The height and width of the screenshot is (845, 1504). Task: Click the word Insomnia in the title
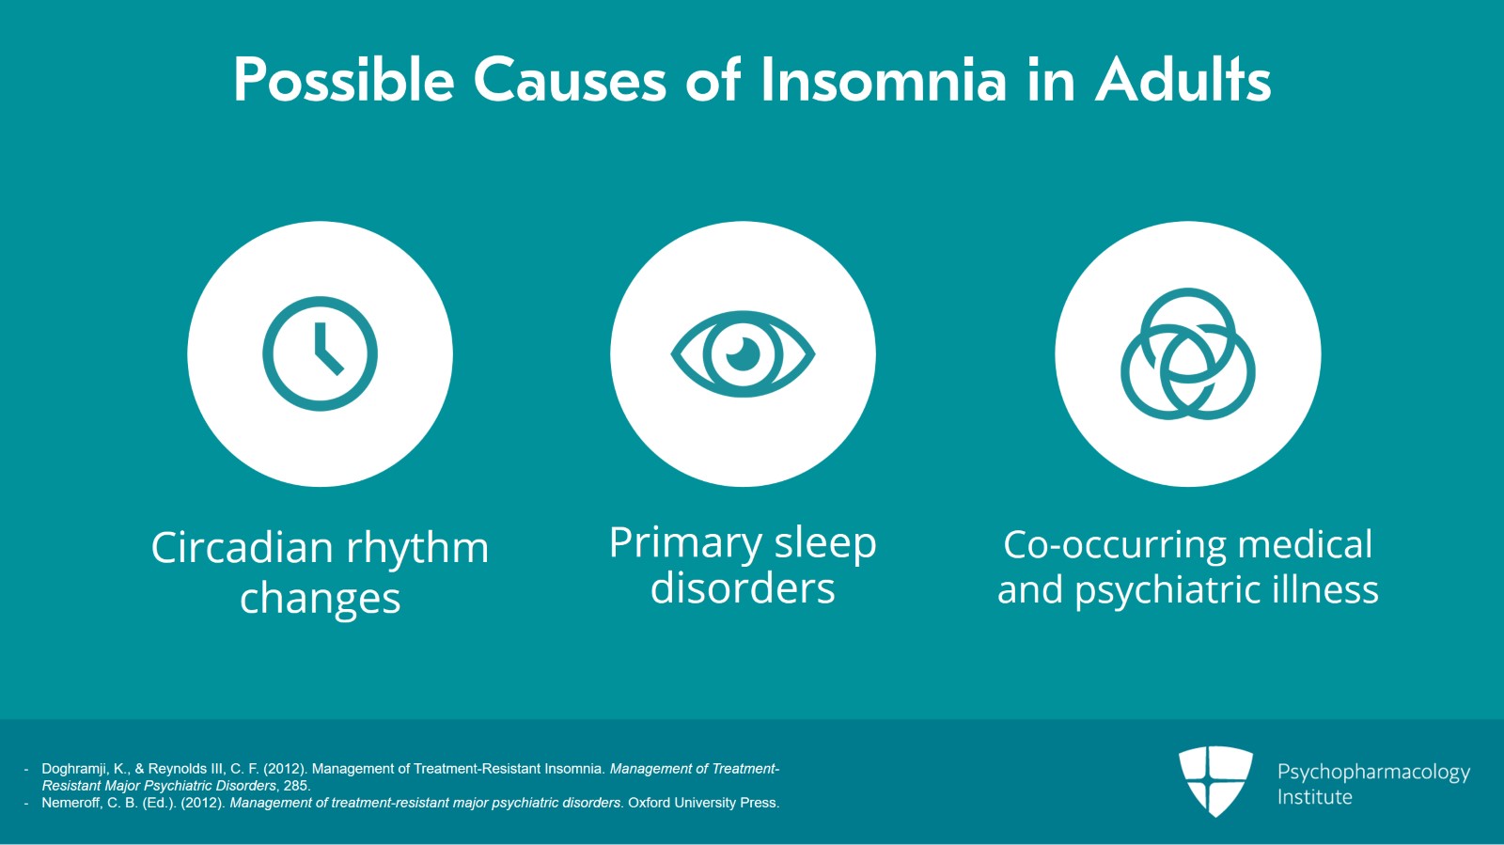tap(884, 80)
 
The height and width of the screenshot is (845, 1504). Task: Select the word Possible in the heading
tap(344, 80)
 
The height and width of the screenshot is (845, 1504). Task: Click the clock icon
tap(320, 353)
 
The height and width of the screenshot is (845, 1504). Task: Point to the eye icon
tap(743, 353)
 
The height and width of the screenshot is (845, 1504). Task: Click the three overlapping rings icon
tap(1188, 354)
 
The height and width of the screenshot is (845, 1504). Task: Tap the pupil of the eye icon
tap(743, 353)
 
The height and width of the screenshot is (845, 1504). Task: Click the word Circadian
tap(242, 548)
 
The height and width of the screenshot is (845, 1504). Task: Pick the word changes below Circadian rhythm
tap(320, 599)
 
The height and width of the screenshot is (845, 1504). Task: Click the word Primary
tap(685, 543)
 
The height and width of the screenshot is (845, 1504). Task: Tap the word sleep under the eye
tap(824, 543)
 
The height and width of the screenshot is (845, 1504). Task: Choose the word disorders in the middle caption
tap(743, 589)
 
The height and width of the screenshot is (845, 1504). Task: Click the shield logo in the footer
tap(1215, 780)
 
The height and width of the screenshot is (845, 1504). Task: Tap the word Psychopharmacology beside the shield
tap(1373, 773)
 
